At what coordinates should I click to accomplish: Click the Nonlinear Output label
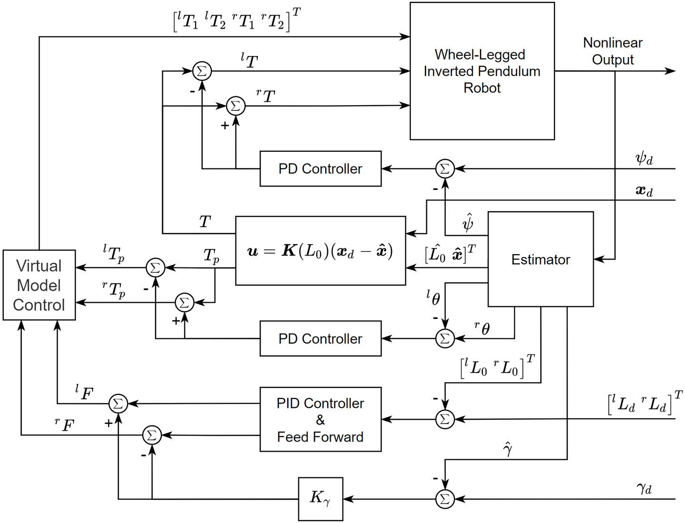(x=613, y=51)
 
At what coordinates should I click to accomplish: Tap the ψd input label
(x=644, y=158)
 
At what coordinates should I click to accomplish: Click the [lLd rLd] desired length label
(x=645, y=403)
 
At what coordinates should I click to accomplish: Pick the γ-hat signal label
(x=507, y=449)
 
